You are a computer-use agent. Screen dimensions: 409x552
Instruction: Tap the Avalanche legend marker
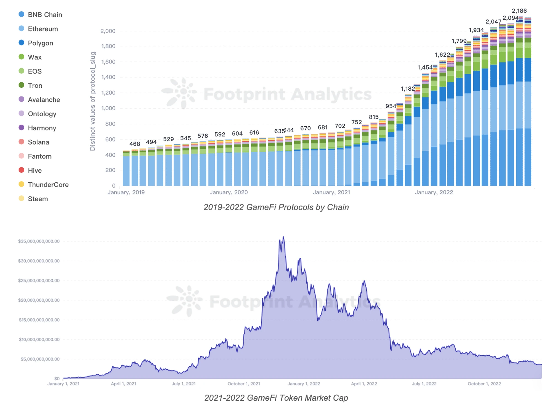pos(21,99)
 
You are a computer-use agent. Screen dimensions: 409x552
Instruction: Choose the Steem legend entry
pos(38,199)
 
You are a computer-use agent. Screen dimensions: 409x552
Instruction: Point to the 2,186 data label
pos(519,11)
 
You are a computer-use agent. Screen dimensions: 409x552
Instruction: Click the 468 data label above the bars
pos(135,144)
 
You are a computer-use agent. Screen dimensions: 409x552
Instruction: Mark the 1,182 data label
pos(408,89)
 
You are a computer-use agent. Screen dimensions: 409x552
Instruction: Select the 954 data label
pos(391,106)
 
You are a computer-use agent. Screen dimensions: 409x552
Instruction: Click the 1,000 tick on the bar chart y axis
pos(108,108)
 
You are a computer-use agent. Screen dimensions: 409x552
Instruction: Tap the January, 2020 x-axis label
pos(229,192)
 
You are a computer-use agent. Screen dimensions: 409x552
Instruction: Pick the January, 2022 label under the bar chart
pos(434,192)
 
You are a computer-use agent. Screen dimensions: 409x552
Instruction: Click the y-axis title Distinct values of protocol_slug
pos(92,101)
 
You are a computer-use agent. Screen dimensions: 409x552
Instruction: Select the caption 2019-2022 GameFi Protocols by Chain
pos(276,207)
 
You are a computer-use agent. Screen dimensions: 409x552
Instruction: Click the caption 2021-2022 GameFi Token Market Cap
pos(276,398)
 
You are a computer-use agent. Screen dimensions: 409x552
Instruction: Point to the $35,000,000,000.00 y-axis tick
pos(39,241)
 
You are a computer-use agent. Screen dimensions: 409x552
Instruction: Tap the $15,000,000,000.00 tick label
pos(39,320)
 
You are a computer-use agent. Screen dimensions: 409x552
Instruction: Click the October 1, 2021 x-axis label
pos(244,384)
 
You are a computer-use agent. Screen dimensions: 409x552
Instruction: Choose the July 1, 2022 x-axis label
pos(424,384)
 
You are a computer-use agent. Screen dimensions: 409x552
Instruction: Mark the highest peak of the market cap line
pos(283,237)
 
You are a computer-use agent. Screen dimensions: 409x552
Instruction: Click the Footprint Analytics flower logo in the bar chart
pos(180,93)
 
